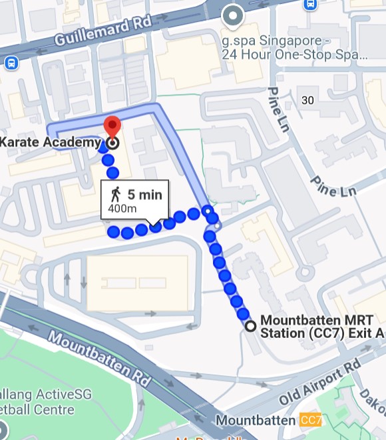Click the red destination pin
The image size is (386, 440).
(x=112, y=125)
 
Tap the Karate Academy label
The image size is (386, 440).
(x=51, y=142)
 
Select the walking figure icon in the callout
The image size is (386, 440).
(x=116, y=195)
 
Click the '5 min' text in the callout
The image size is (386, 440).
(x=144, y=195)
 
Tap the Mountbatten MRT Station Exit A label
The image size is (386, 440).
(x=322, y=326)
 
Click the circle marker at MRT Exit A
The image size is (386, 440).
(x=250, y=326)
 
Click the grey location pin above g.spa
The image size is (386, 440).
(x=232, y=14)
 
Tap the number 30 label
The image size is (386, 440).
(x=307, y=100)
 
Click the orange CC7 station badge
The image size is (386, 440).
(x=311, y=421)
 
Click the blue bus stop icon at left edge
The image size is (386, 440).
(x=10, y=63)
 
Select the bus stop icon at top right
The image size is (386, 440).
(x=309, y=4)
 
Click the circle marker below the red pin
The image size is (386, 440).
(x=112, y=142)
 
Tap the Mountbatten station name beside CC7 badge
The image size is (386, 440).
(x=256, y=421)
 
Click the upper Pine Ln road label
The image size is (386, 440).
(x=279, y=109)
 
